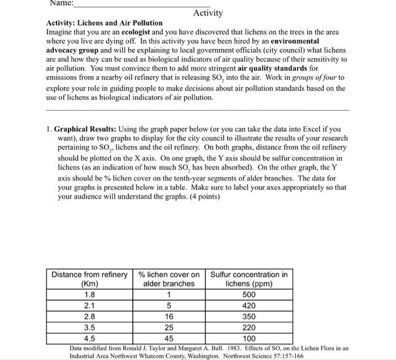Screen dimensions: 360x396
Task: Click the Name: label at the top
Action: (62, 3)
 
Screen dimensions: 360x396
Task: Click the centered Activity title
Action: (208, 13)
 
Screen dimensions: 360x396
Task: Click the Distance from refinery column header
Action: (89, 279)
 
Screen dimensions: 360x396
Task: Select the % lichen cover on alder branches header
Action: (169, 279)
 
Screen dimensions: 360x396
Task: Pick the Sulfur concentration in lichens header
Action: (249, 279)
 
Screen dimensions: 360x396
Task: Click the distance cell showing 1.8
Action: (89, 294)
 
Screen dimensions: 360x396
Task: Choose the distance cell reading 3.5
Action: (89, 327)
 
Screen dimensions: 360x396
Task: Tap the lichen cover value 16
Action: (169, 316)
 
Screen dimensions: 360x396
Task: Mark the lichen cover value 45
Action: (169, 337)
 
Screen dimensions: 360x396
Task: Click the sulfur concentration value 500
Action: (249, 294)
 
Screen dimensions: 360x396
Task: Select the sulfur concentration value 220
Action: (249, 327)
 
